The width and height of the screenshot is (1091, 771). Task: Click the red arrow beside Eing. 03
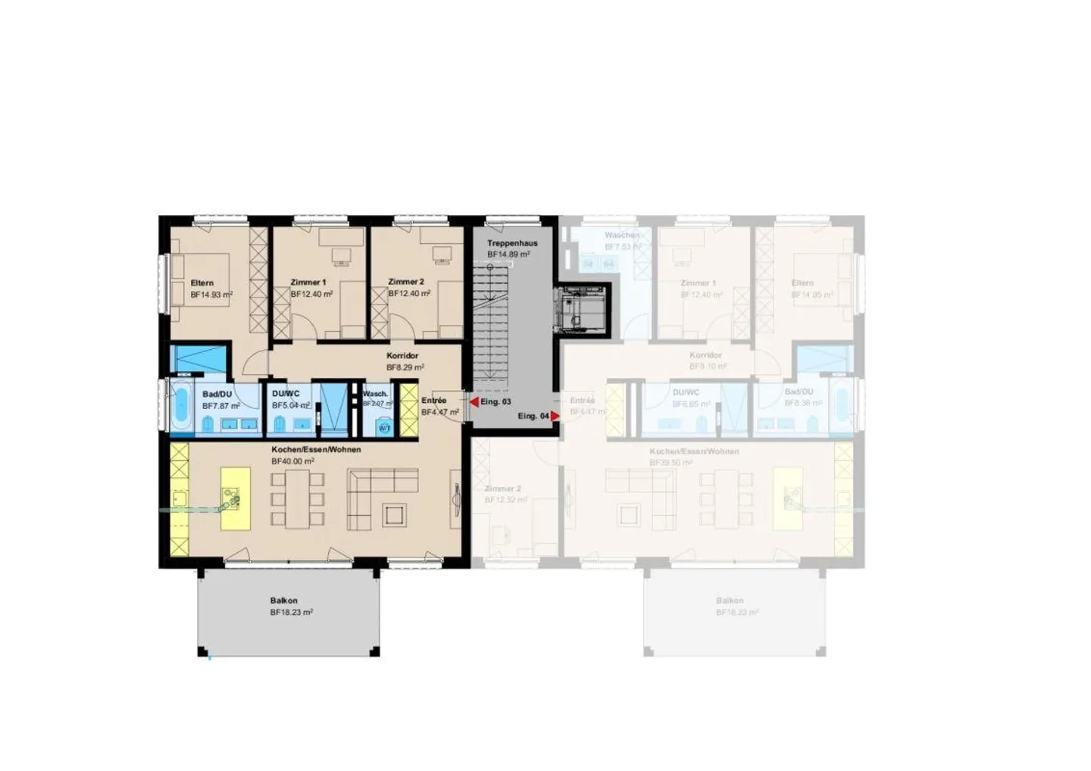click(x=474, y=402)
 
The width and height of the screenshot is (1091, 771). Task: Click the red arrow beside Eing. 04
click(x=555, y=416)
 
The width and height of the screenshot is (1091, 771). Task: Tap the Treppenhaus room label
click(x=512, y=243)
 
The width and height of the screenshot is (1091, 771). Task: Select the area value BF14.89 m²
click(x=508, y=254)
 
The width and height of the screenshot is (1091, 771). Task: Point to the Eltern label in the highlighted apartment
click(x=202, y=282)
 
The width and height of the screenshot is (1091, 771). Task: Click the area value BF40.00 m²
click(x=292, y=460)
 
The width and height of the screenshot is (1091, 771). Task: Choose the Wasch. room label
click(x=375, y=394)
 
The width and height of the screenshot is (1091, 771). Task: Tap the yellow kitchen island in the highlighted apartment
click(x=235, y=498)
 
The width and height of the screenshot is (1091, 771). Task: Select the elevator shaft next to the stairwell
click(x=581, y=311)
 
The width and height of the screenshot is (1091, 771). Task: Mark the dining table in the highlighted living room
click(x=299, y=498)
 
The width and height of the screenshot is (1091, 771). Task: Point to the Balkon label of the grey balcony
click(x=284, y=601)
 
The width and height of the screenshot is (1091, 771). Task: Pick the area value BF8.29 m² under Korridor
click(x=405, y=367)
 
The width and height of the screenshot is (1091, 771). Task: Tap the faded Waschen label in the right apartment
click(x=622, y=236)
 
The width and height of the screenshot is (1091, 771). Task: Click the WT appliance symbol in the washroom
click(x=384, y=428)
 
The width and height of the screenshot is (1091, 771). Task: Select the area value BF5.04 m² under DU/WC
click(x=290, y=405)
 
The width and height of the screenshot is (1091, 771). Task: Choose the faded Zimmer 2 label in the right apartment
click(x=503, y=489)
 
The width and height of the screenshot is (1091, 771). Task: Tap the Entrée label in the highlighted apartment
click(x=434, y=401)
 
